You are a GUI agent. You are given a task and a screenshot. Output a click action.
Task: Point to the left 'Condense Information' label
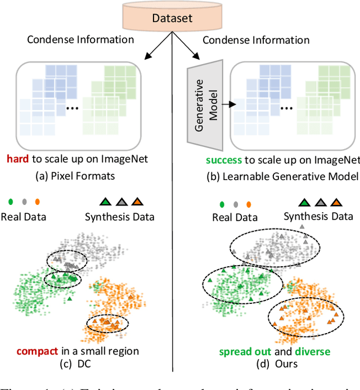pyautogui.click(x=80, y=40)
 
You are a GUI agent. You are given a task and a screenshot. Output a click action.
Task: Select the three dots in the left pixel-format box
pyautogui.click(x=71, y=107)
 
